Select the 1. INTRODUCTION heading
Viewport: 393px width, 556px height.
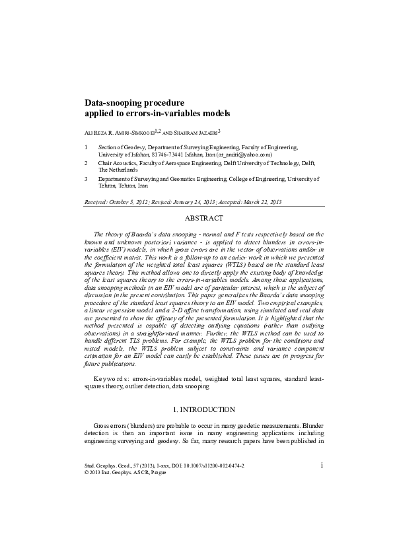(203, 410)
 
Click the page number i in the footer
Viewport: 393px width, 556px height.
(321, 465)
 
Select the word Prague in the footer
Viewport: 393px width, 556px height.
(157, 473)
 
